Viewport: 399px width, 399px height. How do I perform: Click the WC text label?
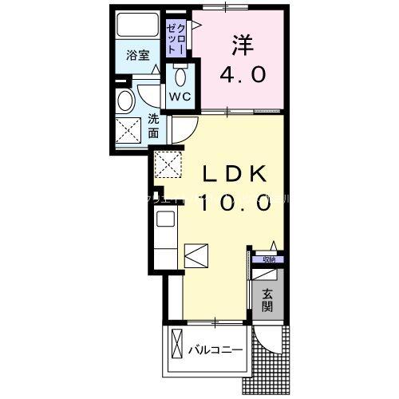[178, 95]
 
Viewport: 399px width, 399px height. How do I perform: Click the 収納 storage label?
[265, 259]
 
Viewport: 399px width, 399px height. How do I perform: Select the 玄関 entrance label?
[267, 299]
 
